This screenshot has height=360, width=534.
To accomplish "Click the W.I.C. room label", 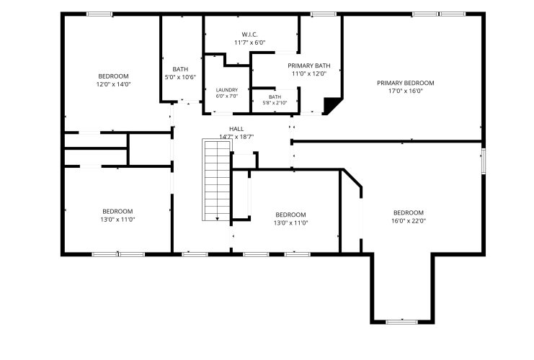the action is point(249,35).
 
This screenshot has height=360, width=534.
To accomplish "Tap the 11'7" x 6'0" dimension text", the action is point(249,42).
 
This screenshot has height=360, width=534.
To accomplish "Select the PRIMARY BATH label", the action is point(309,66).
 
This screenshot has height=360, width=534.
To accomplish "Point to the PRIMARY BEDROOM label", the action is point(405,83).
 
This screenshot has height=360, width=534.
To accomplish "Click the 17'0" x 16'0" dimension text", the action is point(405,91).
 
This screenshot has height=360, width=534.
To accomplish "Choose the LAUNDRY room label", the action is point(227,90).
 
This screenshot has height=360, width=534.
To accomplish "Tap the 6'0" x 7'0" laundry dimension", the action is point(227,96).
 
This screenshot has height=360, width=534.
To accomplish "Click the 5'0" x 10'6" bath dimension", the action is point(180,77).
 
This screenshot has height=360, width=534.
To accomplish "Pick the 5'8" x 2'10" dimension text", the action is point(275,103).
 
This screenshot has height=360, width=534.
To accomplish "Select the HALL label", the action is point(236,129).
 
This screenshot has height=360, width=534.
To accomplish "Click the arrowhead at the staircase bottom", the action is point(218,219).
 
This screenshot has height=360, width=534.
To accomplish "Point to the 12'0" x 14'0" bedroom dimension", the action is point(113,84).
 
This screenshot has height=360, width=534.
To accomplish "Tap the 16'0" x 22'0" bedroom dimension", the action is point(409,221).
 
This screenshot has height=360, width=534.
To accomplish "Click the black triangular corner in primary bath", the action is point(330,105).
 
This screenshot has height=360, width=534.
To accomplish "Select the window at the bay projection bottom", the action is point(402,322).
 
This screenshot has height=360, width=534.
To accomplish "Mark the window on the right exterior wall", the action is point(484,161).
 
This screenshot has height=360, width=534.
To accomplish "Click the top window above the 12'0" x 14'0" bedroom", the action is point(99,14).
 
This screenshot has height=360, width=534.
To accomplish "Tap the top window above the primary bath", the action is point(323,14).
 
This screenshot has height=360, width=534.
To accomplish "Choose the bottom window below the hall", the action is point(195,254).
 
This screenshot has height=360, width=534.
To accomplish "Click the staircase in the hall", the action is point(217,180).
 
